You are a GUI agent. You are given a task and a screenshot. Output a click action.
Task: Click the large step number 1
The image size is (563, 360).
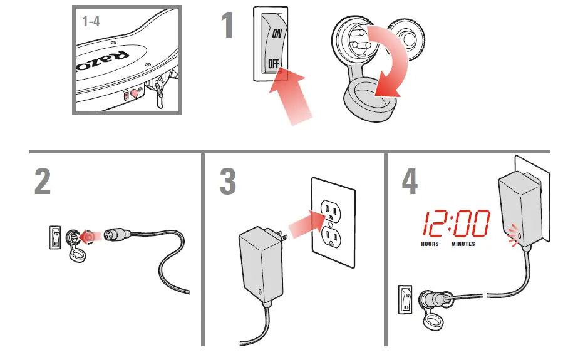pos(227,26)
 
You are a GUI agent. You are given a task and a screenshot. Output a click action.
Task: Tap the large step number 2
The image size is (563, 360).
pos(42,181)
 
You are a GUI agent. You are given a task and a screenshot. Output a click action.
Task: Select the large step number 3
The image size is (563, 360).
pos(228,181)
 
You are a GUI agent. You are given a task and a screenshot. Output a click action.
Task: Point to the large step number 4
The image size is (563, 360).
pos(409,181)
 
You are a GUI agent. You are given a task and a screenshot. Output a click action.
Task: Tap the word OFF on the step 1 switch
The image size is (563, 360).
pos(274,63)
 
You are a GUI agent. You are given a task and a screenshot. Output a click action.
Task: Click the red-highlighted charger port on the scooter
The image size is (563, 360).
pos(133,95)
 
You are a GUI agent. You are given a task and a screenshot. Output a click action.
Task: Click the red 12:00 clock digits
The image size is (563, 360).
pos(455,223)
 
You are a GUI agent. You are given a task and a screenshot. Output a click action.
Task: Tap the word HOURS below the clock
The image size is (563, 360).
pos(430,244)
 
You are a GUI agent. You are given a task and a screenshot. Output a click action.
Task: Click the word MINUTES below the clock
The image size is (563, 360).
pos(463,244)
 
